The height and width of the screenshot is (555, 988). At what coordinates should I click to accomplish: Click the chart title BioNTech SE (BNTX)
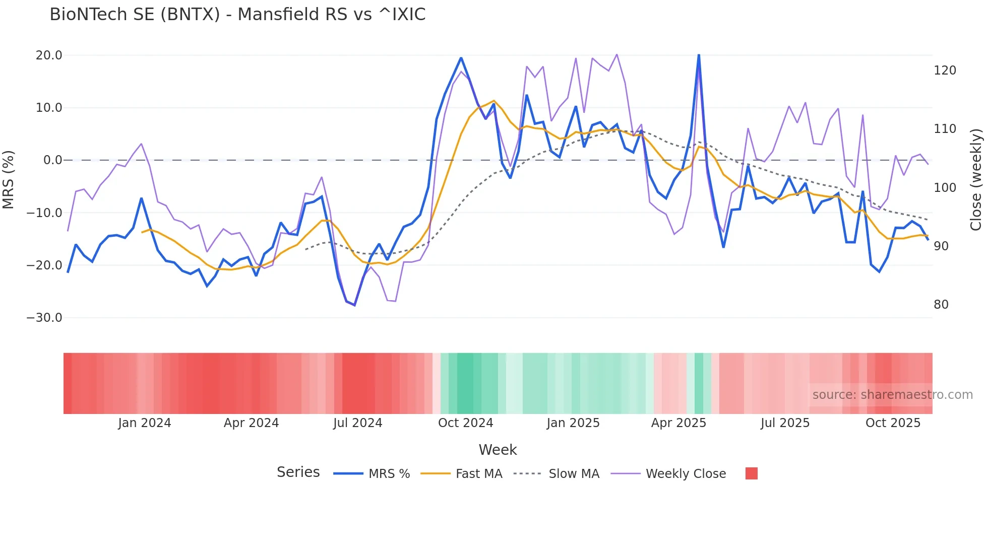pyautogui.click(x=237, y=15)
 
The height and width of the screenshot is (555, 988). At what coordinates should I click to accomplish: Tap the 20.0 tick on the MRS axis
pyautogui.click(x=49, y=55)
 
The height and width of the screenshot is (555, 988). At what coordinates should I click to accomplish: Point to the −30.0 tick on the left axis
pyautogui.click(x=44, y=318)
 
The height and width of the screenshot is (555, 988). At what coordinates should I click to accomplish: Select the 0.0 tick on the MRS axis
pyautogui.click(x=52, y=160)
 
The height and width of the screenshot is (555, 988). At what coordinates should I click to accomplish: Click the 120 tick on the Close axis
pyautogui.click(x=945, y=71)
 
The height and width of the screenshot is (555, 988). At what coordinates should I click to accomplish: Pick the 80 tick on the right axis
pyautogui.click(x=941, y=305)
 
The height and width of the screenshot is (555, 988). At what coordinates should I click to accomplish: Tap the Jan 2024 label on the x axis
pyautogui.click(x=145, y=423)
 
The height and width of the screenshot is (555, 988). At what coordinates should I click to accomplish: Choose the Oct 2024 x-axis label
pyautogui.click(x=465, y=423)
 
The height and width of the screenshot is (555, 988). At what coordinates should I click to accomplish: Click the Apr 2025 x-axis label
pyautogui.click(x=678, y=423)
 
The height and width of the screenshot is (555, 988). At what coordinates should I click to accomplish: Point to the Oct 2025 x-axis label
pyautogui.click(x=893, y=423)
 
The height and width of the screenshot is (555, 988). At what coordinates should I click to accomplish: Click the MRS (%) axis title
pyautogui.click(x=9, y=180)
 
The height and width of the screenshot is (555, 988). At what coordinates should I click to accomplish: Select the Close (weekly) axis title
pyautogui.click(x=976, y=180)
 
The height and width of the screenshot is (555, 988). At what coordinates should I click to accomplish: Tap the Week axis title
pyautogui.click(x=498, y=450)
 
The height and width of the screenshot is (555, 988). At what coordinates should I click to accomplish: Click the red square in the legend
pyautogui.click(x=751, y=473)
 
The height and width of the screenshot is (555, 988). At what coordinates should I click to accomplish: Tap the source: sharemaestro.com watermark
pyautogui.click(x=892, y=395)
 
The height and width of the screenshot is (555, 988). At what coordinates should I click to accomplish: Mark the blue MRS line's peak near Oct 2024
pyautogui.click(x=461, y=58)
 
